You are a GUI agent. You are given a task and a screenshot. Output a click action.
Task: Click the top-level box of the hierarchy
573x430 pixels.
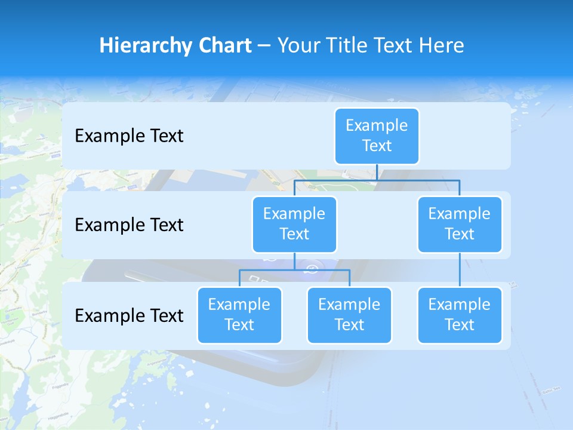(377, 136)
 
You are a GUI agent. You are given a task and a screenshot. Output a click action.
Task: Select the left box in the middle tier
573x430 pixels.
(294, 224)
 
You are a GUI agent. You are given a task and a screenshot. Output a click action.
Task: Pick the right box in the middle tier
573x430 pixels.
(460, 224)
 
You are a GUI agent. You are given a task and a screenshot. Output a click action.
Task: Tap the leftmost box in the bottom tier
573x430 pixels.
(239, 315)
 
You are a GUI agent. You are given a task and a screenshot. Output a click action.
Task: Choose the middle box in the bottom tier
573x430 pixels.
(349, 315)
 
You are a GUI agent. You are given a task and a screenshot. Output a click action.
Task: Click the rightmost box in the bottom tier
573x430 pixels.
(460, 315)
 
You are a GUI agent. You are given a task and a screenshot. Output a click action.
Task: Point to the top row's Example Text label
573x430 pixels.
(129, 136)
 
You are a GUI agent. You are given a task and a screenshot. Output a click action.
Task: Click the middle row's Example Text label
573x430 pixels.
(129, 225)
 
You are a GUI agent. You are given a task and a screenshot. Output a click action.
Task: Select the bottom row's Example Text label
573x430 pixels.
(129, 315)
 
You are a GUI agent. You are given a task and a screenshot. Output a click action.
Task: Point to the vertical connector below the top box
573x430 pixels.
(377, 172)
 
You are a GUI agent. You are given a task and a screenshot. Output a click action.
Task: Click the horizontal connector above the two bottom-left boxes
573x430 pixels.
(294, 270)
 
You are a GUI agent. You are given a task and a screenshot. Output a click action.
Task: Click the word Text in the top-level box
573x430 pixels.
(377, 146)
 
